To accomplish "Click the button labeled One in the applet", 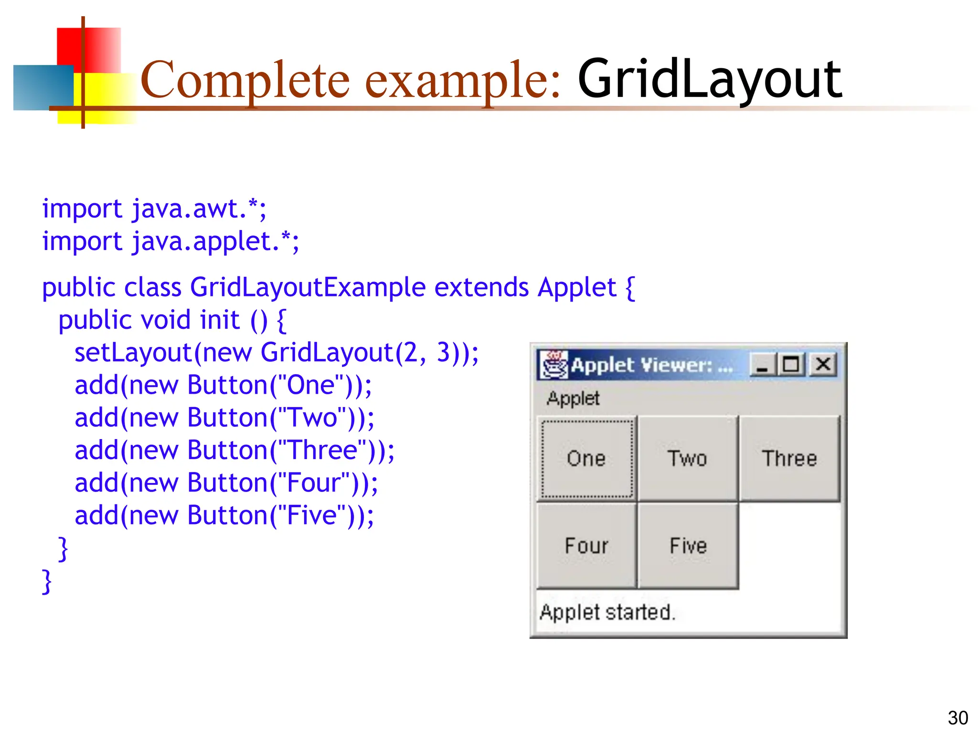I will [587, 459].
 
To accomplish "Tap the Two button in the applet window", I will [688, 459].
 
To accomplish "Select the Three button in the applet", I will [789, 459].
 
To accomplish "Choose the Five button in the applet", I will [688, 546].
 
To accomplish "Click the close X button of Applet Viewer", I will [823, 365].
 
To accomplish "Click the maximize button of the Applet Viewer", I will [791, 365].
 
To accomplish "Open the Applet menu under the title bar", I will [573, 398].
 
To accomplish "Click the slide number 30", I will [957, 718].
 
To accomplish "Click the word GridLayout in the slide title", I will [710, 80].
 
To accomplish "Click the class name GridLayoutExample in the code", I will [308, 287].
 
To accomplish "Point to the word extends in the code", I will [481, 287].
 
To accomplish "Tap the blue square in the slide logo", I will [43, 88].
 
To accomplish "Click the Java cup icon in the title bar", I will [554, 365].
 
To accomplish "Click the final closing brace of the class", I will [47, 581].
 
